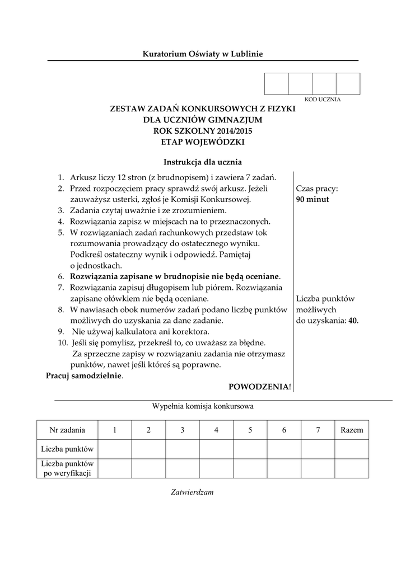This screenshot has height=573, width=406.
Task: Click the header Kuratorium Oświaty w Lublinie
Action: click(x=203, y=54)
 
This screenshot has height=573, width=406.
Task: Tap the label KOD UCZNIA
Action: click(x=322, y=99)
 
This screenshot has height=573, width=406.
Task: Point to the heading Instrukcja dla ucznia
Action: click(x=203, y=162)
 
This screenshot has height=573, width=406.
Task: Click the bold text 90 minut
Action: click(x=312, y=199)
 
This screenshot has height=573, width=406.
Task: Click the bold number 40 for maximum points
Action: click(x=353, y=321)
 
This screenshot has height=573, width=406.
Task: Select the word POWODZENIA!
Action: click(x=260, y=387)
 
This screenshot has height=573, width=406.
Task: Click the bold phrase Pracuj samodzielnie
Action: click(x=83, y=376)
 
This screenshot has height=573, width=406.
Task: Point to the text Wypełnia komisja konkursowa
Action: click(x=203, y=407)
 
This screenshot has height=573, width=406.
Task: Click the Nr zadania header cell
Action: click(x=67, y=430)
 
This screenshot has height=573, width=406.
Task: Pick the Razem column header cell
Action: click(x=352, y=430)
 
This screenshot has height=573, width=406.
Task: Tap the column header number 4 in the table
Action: click(x=216, y=430)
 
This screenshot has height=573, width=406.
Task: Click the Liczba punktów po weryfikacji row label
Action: click(x=67, y=468)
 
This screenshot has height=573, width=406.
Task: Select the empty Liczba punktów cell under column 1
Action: click(x=115, y=449)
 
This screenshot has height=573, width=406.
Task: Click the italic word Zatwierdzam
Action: click(x=192, y=492)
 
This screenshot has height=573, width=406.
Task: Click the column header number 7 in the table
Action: click(x=318, y=430)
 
